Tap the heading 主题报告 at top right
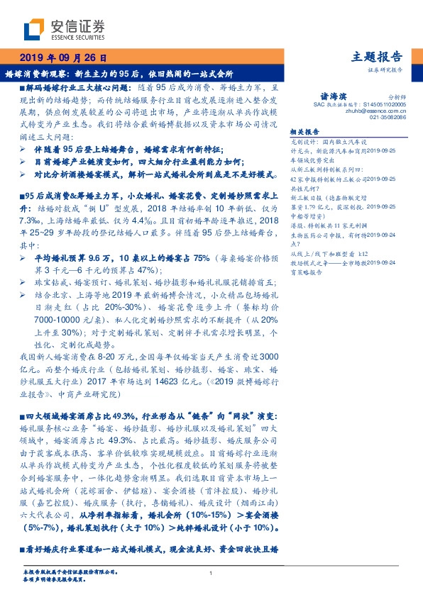point(377,57)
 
